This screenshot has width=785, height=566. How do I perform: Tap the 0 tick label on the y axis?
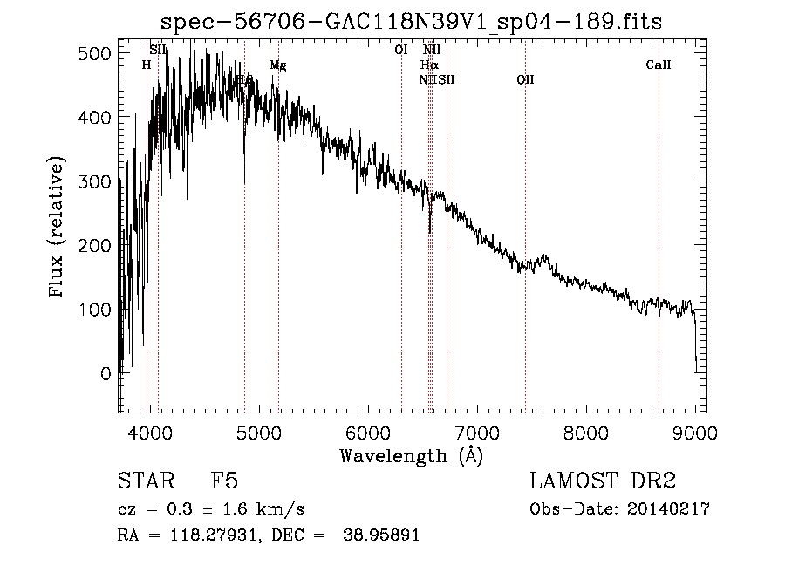tap(106, 373)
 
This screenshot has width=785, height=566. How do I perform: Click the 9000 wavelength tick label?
tap(695, 432)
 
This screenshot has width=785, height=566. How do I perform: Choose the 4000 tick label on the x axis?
tap(149, 432)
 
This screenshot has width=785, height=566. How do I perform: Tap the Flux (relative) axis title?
tap(58, 228)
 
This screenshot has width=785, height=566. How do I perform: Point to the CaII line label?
tap(658, 65)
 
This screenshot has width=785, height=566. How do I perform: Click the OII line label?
tap(525, 80)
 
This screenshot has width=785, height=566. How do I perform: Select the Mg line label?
tap(277, 65)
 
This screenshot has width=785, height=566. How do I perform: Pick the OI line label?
tap(401, 51)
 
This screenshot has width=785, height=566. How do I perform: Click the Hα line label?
tap(428, 65)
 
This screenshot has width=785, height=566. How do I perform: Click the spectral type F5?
tap(225, 482)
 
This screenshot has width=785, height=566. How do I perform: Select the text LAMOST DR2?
tap(603, 482)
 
